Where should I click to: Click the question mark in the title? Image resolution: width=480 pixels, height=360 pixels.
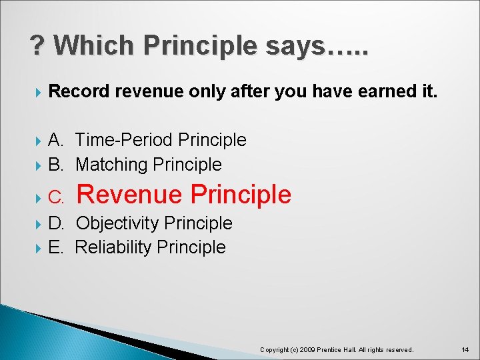[37, 45]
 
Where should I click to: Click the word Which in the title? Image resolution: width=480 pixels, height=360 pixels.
[95, 45]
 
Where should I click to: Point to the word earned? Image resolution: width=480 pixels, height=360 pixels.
[372, 91]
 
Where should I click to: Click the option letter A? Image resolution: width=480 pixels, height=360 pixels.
[56, 140]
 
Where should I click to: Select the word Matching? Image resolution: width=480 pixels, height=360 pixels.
[112, 164]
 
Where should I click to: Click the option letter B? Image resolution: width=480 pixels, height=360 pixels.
[56, 164]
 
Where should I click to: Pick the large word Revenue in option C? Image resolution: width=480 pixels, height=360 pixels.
[130, 194]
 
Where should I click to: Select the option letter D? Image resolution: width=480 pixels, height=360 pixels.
[56, 223]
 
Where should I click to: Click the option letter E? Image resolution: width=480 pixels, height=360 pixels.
[56, 247]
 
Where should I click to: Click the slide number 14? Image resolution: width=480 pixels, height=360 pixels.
[465, 349]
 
